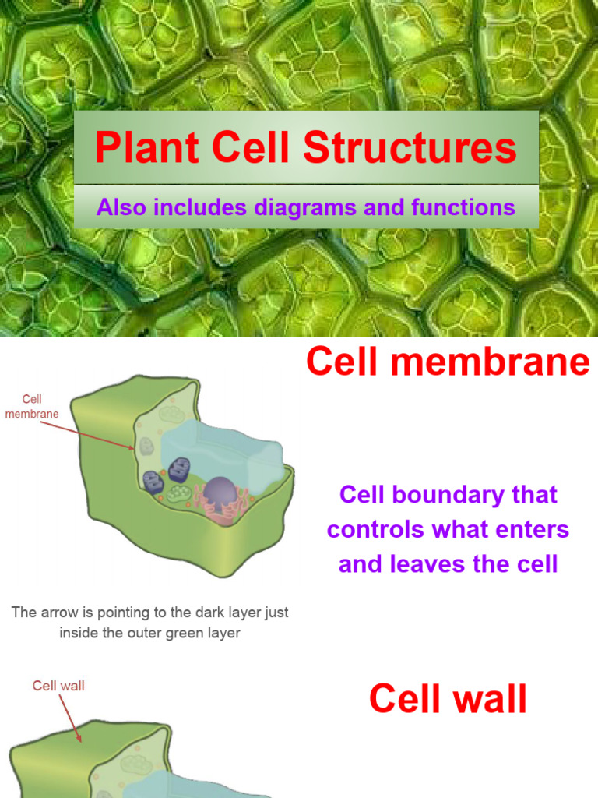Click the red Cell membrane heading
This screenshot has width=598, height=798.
tap(448, 362)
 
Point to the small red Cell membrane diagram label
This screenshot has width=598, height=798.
tap(32, 407)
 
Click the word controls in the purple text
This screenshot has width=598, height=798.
tap(375, 530)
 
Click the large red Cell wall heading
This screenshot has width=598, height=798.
tap(448, 699)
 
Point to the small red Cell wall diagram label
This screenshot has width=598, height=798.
tap(58, 686)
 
